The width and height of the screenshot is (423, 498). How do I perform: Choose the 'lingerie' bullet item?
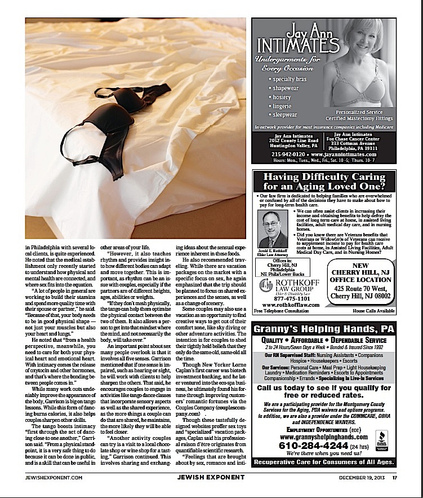[283, 105]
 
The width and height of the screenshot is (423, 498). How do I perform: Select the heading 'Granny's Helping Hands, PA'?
[323, 329]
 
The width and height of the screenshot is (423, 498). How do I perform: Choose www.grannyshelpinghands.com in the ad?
[313, 436]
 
